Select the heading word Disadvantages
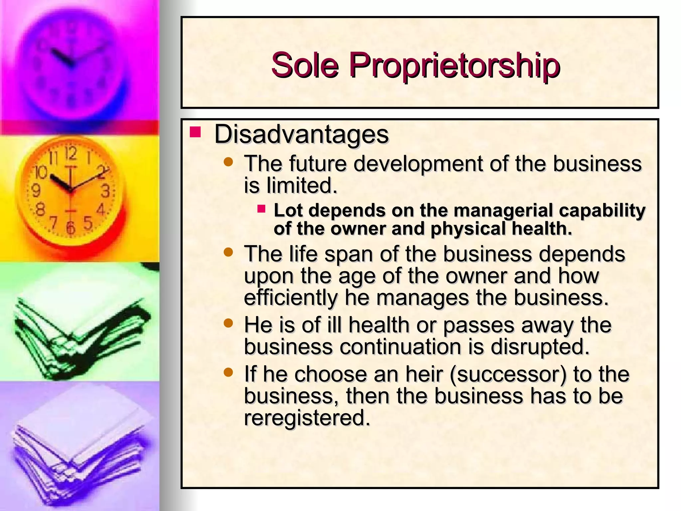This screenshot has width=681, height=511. pos(301,134)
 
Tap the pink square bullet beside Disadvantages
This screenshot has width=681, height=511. pos(195,132)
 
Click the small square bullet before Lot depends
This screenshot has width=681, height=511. pos(261,209)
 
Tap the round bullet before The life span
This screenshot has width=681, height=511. pos(228,252)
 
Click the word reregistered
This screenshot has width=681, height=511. pos(307,418)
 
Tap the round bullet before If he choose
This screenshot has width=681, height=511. pos(228,372)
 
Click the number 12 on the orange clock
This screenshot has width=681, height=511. pos(70,154)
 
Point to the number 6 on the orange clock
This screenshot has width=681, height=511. pos(70,228)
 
